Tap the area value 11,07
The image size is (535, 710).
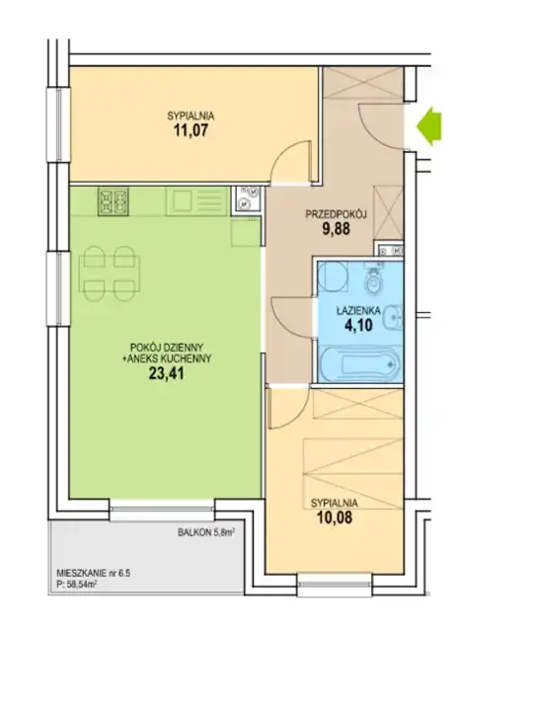click(x=191, y=131)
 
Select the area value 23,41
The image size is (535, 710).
click(x=167, y=374)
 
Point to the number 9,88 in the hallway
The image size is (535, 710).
click(x=336, y=229)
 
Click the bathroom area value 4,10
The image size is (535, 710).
click(x=358, y=325)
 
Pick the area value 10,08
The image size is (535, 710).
click(x=334, y=517)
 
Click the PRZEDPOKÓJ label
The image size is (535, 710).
click(x=336, y=214)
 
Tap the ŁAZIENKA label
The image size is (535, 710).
click(x=358, y=311)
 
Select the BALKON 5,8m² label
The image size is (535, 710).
click(x=206, y=533)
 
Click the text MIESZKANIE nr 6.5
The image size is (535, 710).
click(x=94, y=574)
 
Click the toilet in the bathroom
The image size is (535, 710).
click(x=374, y=279)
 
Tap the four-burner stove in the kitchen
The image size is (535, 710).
click(x=113, y=201)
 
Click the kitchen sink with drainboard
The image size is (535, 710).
click(x=196, y=201)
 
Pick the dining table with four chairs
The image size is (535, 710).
click(x=110, y=274)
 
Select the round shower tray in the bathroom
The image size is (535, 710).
click(x=332, y=276)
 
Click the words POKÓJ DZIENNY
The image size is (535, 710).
click(x=167, y=348)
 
